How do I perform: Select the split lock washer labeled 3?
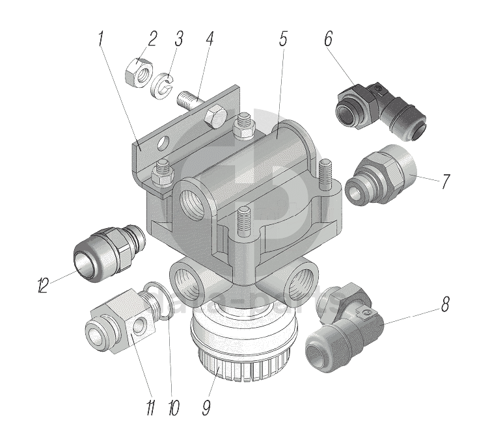(x=151, y=408)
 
